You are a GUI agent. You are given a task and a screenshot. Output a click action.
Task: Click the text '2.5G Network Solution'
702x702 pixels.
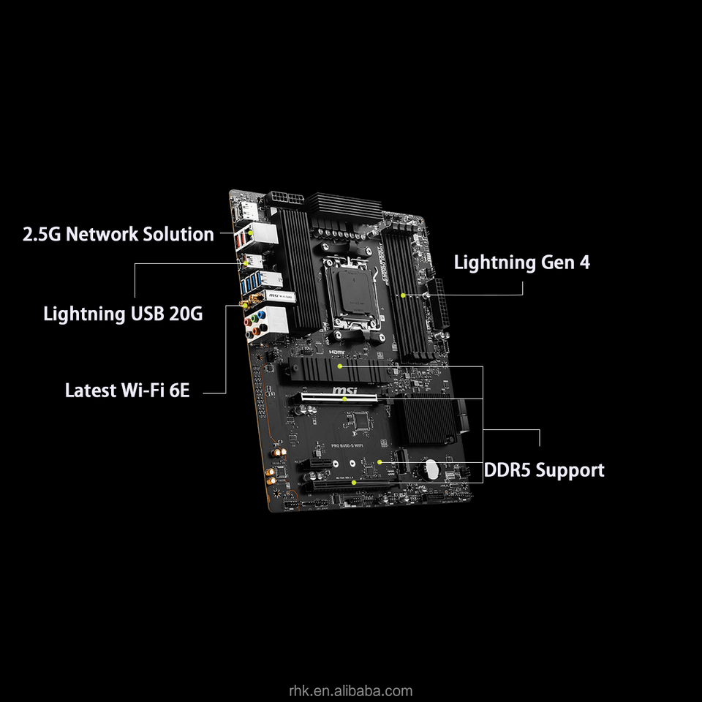(x=118, y=235)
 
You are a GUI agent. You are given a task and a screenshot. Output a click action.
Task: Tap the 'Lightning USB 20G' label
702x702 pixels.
(x=123, y=314)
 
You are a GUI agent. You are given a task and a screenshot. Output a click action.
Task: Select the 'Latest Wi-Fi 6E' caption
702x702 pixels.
(x=127, y=390)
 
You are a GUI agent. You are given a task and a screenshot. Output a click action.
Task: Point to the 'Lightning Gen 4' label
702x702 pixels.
(x=521, y=263)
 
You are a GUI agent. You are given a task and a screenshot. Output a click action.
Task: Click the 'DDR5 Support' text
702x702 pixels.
(x=544, y=470)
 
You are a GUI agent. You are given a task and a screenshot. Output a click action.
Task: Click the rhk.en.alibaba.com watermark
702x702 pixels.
(x=350, y=690)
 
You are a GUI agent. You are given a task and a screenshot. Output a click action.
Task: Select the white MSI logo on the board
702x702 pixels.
(x=345, y=393)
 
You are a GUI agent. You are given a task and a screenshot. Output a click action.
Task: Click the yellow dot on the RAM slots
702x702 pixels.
(x=403, y=295)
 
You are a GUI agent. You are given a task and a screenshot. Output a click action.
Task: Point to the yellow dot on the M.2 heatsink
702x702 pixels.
(x=341, y=363)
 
